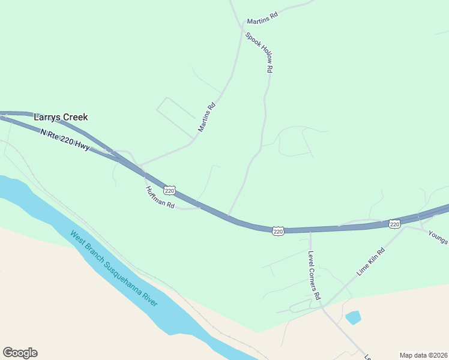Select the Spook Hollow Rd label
pyautogui.click(x=259, y=53)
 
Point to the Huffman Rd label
pyautogui.click(x=160, y=197)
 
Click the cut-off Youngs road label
pyautogui.click(x=438, y=237)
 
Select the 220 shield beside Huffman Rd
pyautogui.click(x=170, y=190)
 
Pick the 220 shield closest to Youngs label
pyautogui.click(x=394, y=224)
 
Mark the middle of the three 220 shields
pyautogui.click(x=277, y=231)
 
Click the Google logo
pyautogui.click(x=20, y=353)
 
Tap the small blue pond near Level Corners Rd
pyautogui.click(x=353, y=317)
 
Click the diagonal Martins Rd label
pyautogui.click(x=206, y=118)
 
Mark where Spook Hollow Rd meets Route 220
pyautogui.click(x=228, y=216)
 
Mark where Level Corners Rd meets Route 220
pyautogui.click(x=310, y=230)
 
